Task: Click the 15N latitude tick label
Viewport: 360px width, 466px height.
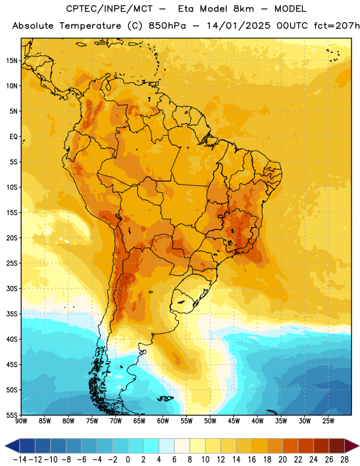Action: (12, 61)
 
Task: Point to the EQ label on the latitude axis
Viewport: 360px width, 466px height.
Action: (13, 137)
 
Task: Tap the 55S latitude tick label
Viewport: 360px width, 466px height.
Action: (12, 415)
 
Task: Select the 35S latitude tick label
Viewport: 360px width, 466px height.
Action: (12, 314)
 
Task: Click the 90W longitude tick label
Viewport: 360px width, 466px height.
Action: (21, 421)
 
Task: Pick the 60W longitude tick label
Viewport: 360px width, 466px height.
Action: (163, 421)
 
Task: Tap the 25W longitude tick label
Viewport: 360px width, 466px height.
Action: (328, 421)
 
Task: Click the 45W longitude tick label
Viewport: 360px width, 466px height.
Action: (234, 421)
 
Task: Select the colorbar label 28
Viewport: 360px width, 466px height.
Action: (344, 460)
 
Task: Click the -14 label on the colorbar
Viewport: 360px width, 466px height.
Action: (20, 460)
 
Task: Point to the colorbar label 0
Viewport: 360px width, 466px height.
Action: (128, 460)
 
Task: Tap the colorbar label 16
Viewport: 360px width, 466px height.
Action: (252, 460)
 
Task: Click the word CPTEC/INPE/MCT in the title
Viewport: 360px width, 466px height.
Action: (110, 9)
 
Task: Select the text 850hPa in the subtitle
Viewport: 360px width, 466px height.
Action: (167, 26)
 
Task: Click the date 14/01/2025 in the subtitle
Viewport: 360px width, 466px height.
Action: (239, 26)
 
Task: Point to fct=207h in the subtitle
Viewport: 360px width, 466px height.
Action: (337, 26)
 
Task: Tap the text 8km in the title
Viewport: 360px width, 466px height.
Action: (243, 9)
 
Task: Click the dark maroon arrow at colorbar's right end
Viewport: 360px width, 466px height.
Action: (352, 446)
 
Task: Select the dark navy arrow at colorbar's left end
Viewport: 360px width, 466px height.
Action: (12, 446)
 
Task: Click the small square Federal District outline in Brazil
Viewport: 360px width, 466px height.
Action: (221, 216)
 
